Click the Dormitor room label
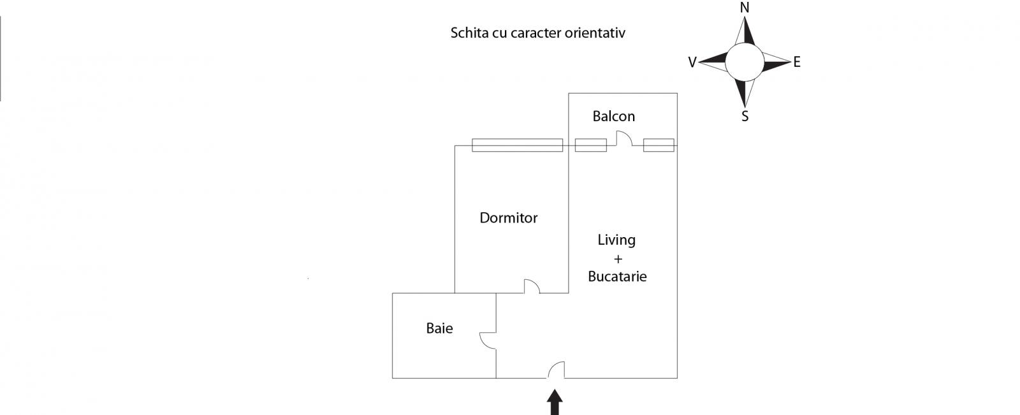508,218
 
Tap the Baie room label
439,328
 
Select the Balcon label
613,116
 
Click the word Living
616,240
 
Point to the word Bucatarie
617,277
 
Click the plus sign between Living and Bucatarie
617,259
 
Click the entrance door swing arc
556,370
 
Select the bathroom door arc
488,340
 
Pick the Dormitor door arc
531,287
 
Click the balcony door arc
623,138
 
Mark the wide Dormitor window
517,145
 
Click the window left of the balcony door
590,145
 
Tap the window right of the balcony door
659,145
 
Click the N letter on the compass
744,8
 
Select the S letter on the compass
745,117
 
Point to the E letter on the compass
797,62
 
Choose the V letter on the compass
692,62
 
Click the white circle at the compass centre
744,62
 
